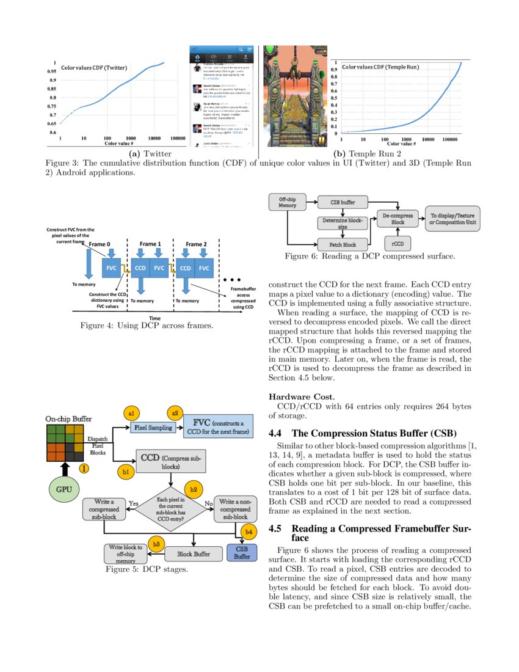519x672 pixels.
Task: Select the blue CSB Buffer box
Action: [x=242, y=553]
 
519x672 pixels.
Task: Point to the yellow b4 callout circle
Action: [x=249, y=532]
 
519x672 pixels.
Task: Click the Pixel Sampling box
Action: [x=153, y=428]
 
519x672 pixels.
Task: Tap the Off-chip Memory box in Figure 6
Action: [x=288, y=203]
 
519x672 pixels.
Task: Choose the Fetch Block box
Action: [x=343, y=244]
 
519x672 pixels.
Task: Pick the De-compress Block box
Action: [x=397, y=219]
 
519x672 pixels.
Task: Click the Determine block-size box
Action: [x=343, y=223]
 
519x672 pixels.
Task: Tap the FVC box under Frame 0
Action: [x=111, y=268]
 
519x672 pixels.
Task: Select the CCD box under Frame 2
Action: [x=186, y=268]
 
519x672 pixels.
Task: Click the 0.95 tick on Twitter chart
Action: [x=53, y=71]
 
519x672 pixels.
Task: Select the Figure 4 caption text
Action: [x=147, y=326]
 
